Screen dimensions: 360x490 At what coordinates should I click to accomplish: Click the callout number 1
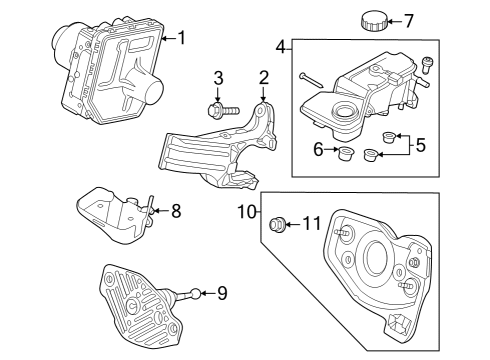(x=181, y=38)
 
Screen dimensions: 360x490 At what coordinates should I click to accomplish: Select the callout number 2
(x=264, y=77)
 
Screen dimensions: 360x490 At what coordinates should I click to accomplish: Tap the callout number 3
(x=218, y=78)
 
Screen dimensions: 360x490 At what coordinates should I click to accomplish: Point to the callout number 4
(x=281, y=45)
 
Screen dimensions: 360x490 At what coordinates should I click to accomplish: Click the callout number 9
(x=222, y=293)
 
